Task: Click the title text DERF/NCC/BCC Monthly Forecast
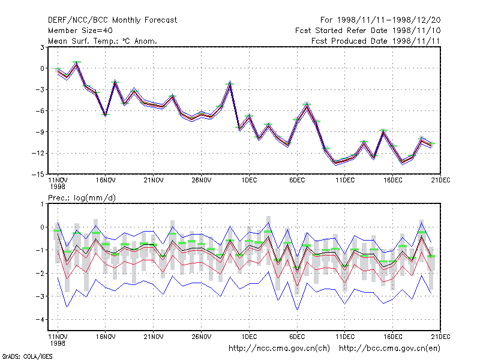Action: click(112, 20)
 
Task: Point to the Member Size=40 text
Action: click(80, 31)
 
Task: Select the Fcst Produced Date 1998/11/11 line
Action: click(376, 41)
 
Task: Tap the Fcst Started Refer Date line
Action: click(368, 31)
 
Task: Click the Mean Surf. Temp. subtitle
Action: click(103, 41)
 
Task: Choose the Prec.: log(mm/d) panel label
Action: click(82, 198)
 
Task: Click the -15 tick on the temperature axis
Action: click(38, 174)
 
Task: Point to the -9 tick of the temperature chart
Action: click(40, 132)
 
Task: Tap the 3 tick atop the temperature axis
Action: click(42, 47)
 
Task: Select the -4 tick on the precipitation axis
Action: click(40, 320)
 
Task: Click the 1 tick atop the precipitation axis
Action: click(43, 204)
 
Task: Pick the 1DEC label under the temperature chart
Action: click(249, 181)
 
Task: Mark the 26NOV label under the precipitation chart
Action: click(202, 337)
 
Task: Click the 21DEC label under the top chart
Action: click(440, 181)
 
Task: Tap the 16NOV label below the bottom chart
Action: click(106, 337)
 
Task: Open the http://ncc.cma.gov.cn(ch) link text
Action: click(279, 349)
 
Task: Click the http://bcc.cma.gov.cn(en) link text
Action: click(389, 349)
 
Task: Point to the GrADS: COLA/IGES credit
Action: click(27, 356)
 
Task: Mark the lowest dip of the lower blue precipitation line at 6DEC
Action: click(297, 310)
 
